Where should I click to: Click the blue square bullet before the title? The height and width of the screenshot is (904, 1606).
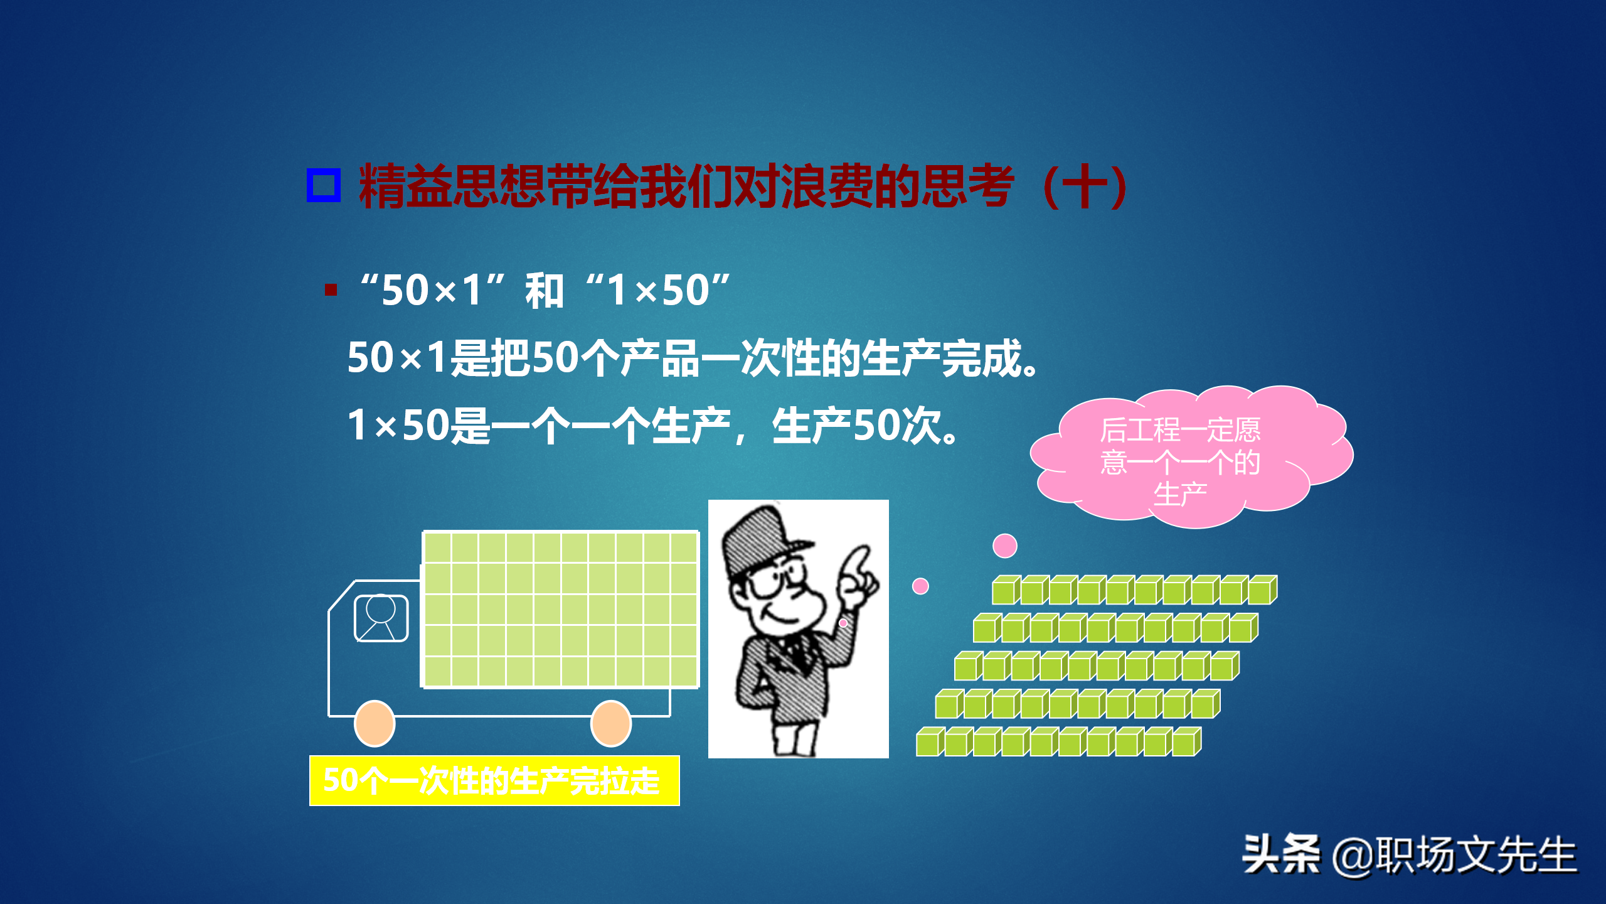point(324,185)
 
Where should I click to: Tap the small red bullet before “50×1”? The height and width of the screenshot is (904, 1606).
point(331,289)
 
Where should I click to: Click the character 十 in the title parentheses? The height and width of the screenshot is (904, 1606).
point(1083,186)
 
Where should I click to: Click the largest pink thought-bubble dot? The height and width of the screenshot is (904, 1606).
point(1004,546)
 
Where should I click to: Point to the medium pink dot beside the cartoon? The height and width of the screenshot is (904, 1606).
point(920,586)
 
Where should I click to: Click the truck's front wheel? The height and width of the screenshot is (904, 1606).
point(375,723)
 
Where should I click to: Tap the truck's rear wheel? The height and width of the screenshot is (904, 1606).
point(610,723)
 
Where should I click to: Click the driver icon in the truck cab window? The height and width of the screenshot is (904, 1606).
point(381,618)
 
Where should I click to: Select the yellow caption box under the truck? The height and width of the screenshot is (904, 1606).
point(494,780)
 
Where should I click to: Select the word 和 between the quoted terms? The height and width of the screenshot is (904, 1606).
point(544,291)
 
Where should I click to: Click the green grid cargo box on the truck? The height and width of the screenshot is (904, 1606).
point(560,610)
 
